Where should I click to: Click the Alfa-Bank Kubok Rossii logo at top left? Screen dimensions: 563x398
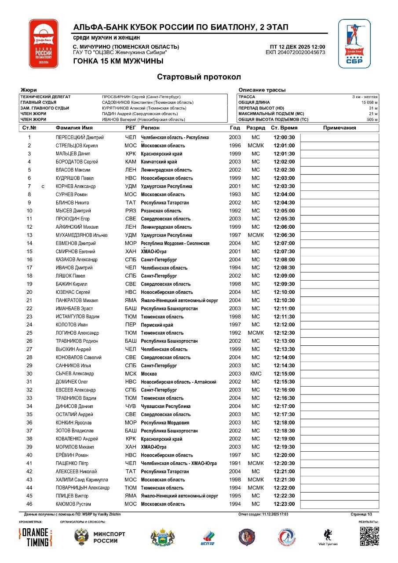(44, 44)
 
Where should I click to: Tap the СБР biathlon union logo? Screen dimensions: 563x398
(354, 44)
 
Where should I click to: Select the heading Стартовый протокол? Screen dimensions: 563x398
(199, 77)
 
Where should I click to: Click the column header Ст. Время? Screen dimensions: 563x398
(284, 128)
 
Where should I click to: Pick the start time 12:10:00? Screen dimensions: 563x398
(284, 292)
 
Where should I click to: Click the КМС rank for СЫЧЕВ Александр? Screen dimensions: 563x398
(256, 373)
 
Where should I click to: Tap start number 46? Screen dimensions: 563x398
(29, 504)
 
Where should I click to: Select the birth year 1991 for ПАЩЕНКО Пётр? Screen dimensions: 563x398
(235, 463)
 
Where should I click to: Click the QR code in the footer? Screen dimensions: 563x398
(369, 536)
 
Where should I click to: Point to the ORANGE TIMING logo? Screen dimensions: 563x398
(36, 537)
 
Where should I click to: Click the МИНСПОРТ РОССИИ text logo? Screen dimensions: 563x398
(109, 537)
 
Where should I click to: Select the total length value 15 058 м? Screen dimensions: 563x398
(369, 102)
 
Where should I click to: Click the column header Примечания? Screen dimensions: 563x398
(339, 128)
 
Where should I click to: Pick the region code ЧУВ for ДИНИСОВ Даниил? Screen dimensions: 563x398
(131, 406)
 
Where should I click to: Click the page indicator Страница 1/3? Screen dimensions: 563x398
(361, 514)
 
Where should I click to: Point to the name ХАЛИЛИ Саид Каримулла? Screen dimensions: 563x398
(82, 479)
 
